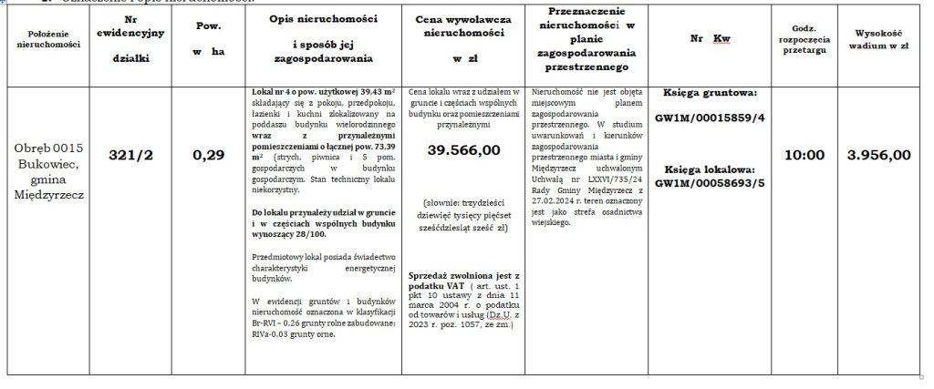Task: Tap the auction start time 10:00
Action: click(x=805, y=155)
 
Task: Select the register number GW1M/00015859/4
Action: click(x=716, y=118)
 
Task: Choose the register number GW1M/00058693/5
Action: click(x=716, y=182)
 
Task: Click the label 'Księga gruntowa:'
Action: click(x=716, y=93)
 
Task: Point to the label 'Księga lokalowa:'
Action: click(x=716, y=169)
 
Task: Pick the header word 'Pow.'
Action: click(x=208, y=27)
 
